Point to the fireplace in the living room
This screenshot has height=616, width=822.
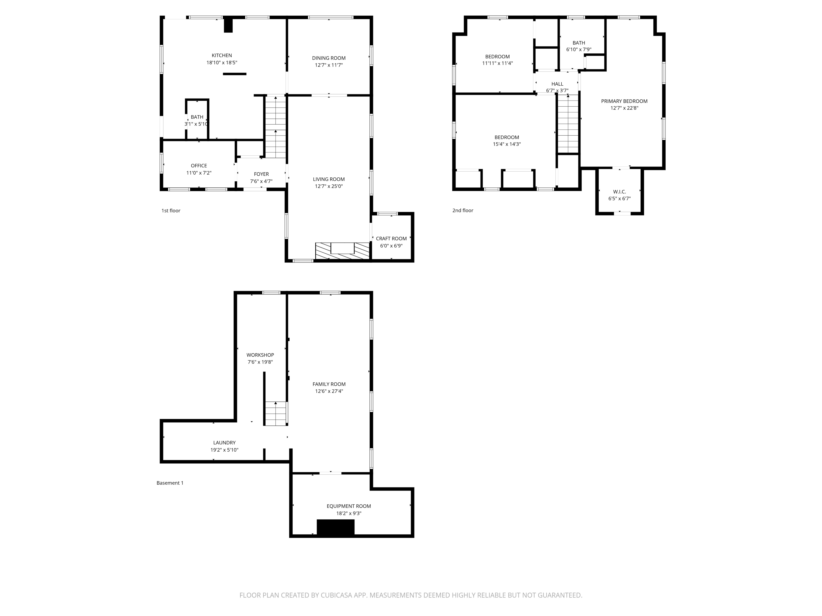(342, 251)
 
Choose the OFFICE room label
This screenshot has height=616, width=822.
(199, 166)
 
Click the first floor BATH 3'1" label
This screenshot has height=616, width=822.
(197, 117)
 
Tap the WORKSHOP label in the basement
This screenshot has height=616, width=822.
(260, 355)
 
